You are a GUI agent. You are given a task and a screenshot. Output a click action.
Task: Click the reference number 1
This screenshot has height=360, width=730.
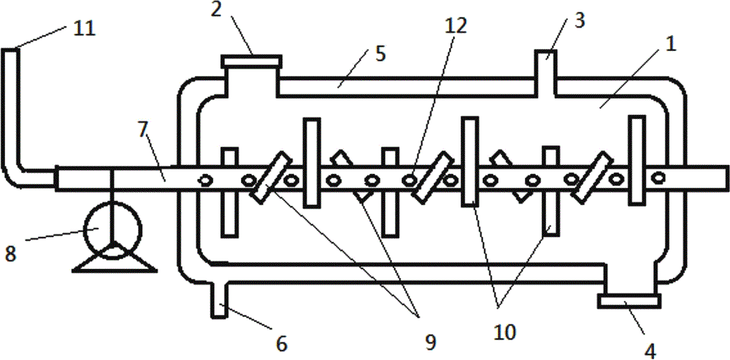point(669,43)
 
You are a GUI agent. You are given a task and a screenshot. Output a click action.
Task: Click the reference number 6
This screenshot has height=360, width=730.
point(281,342)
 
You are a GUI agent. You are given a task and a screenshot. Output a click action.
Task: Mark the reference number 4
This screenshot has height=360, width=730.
point(649,350)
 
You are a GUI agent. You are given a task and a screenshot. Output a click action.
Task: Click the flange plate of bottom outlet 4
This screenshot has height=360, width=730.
point(629,299)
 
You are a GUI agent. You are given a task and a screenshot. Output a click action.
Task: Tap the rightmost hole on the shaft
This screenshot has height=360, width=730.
point(658,176)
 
